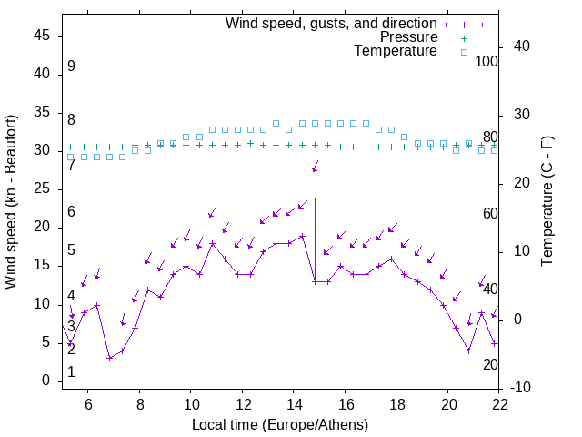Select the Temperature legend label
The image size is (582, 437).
(396, 51)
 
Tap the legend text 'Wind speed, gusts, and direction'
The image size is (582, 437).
(331, 24)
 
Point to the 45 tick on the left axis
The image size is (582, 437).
(42, 36)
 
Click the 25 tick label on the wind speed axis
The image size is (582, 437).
(42, 188)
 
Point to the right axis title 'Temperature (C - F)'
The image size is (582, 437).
(547, 201)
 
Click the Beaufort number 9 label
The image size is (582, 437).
(71, 66)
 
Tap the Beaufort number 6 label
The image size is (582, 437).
(71, 212)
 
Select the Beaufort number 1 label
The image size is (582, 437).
(71, 372)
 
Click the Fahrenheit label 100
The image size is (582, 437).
(487, 62)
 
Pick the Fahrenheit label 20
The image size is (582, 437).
(490, 364)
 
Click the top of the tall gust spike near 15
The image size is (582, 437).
(315, 198)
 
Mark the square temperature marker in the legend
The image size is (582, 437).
(464, 52)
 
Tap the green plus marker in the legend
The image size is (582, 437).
(464, 38)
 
